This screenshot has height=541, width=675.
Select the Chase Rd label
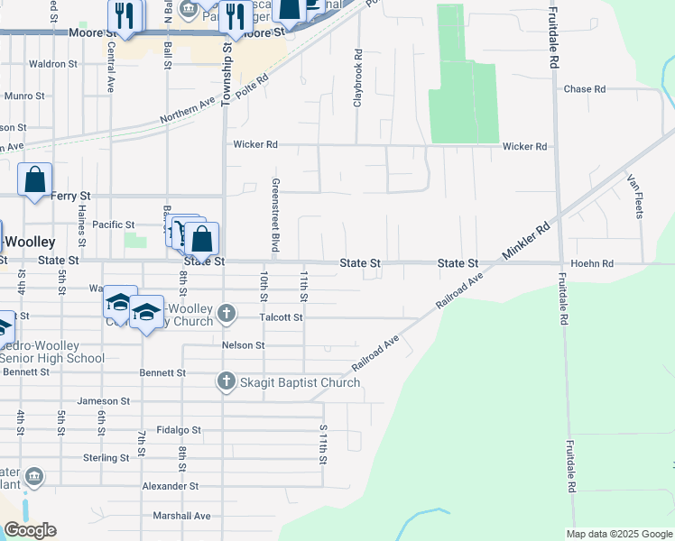pyautogui.click(x=584, y=89)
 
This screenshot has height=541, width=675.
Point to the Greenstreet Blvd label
pyautogui.click(x=275, y=215)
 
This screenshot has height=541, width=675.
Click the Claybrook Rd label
pyautogui.click(x=358, y=86)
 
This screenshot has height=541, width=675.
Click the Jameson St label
pyautogui.click(x=104, y=401)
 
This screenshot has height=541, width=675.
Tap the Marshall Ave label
pyautogui.click(x=181, y=516)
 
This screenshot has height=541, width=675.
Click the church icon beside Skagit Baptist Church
pyautogui.click(x=227, y=382)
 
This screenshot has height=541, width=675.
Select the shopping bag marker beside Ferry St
pyautogui.click(x=34, y=179)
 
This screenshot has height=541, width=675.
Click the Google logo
pyautogui.click(x=30, y=530)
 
